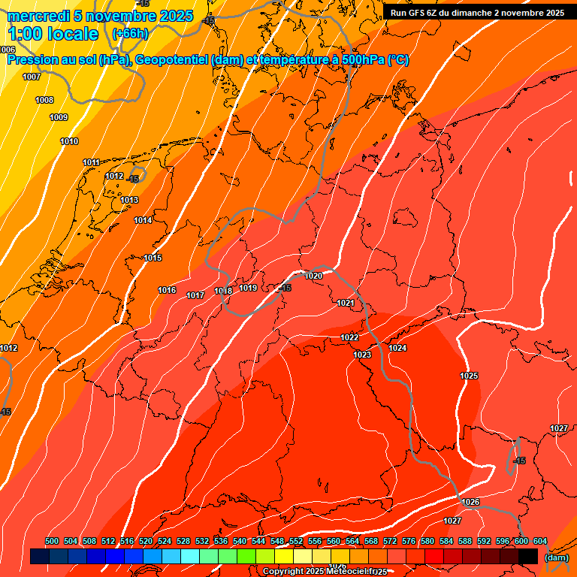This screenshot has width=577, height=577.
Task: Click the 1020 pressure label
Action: (314, 276)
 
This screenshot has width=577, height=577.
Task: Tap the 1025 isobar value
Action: (469, 376)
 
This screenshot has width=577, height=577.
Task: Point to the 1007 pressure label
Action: (32, 77)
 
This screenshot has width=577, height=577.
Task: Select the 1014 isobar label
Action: (143, 220)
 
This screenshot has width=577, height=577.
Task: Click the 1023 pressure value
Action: (362, 355)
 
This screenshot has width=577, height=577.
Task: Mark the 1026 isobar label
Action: (470, 502)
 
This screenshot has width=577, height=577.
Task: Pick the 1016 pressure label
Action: (167, 290)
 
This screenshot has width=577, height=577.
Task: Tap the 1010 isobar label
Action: (69, 141)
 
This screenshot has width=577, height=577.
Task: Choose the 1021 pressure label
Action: (346, 303)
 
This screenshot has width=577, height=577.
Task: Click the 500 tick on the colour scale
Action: (52, 542)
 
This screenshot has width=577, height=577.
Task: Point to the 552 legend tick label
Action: (296, 542)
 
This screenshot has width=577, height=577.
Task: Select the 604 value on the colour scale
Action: (540, 542)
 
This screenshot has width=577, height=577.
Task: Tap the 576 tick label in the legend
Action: (409, 542)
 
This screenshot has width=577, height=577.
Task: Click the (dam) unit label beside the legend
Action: (556, 557)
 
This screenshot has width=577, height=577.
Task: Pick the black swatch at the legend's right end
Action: (528, 557)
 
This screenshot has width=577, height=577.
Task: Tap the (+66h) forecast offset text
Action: (131, 34)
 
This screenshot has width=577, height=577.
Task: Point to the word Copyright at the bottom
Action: (282, 572)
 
